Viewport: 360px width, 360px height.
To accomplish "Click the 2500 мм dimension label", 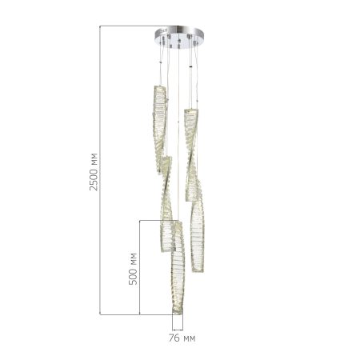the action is (x=94, y=172).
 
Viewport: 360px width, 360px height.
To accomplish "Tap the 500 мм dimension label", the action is (x=133, y=269).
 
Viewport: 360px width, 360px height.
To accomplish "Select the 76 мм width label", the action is (x=182, y=338).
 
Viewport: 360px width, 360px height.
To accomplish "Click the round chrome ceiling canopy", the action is (x=179, y=37).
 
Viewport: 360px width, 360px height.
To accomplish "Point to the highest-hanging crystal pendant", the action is (x=159, y=129).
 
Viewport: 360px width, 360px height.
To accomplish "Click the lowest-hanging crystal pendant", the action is (x=178, y=266).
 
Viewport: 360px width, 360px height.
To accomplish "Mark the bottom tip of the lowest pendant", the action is (x=178, y=314).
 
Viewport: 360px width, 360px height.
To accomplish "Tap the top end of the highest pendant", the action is (x=159, y=86).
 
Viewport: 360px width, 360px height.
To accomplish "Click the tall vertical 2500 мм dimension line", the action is (x=100, y=170).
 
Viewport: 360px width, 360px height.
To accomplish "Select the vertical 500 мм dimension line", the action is (x=140, y=267).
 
